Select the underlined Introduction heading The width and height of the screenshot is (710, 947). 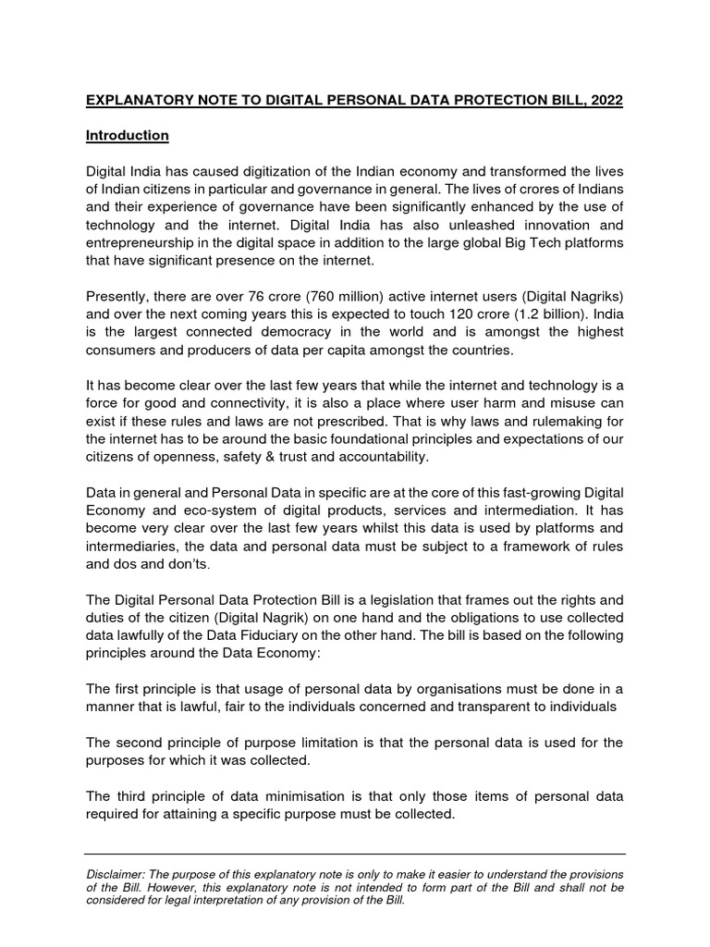pos(127,135)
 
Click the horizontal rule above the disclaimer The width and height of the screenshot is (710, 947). pos(355,854)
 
